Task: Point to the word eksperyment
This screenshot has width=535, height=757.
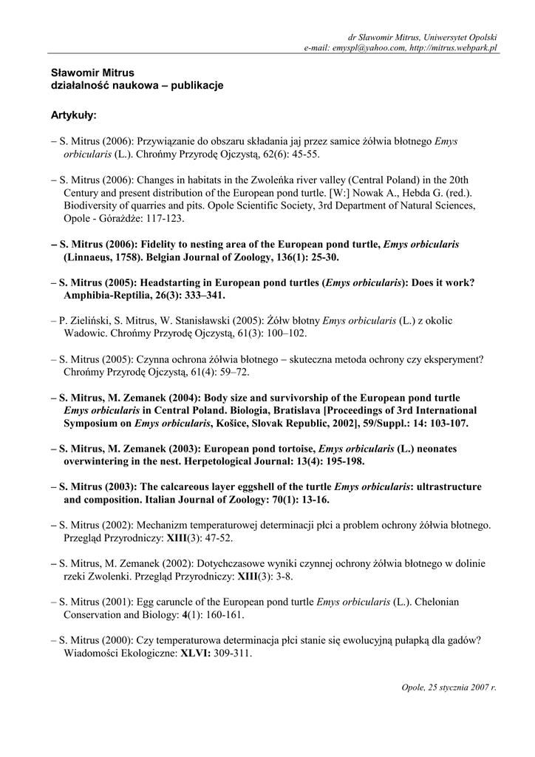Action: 448,359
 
